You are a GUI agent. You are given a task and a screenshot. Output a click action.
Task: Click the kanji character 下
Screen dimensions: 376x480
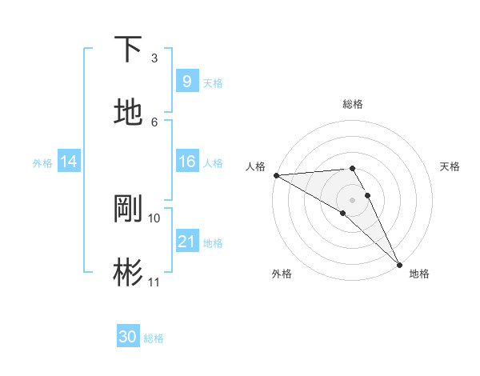[x=128, y=49]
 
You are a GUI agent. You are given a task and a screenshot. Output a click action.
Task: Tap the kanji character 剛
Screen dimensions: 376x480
[x=128, y=208]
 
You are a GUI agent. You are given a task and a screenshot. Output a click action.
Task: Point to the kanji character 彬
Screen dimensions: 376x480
[x=128, y=272]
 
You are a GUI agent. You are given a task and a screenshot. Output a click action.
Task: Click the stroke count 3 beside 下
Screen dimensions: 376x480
[x=154, y=58]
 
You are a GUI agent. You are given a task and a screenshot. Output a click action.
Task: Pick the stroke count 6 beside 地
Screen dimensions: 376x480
[x=154, y=122]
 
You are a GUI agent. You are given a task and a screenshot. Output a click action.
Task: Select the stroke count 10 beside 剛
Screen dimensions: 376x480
[x=154, y=218]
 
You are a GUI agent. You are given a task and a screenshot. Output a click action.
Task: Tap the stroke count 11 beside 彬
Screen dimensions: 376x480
[x=154, y=282]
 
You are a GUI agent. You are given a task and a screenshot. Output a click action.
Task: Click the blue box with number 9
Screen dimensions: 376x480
[x=186, y=81]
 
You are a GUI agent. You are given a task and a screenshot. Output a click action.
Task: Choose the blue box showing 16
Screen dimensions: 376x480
[x=186, y=162]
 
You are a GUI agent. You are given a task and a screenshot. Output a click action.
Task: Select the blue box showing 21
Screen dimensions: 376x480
[x=186, y=242]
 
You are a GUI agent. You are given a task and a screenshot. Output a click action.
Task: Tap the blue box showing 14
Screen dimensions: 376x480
[x=68, y=162]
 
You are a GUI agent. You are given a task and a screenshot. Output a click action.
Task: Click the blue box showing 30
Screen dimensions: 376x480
[x=128, y=337]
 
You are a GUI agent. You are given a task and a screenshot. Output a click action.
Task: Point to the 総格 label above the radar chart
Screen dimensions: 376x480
[x=353, y=104]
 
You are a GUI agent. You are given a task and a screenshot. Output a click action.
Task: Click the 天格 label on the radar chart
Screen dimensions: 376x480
[x=450, y=166]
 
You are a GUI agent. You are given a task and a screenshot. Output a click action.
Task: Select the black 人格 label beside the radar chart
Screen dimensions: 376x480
[x=255, y=166]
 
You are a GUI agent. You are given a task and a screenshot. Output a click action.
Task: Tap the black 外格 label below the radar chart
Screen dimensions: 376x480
[x=282, y=274]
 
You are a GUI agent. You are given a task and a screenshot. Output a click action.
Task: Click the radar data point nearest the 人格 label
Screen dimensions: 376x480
[x=275, y=175]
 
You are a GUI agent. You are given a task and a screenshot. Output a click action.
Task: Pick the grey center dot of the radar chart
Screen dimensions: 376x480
[x=353, y=199]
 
